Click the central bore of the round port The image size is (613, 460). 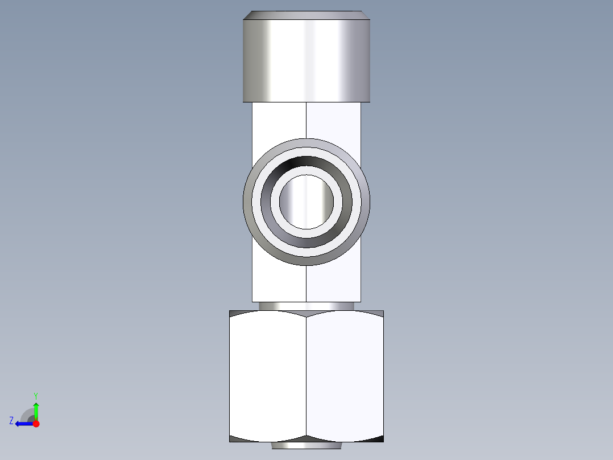pos(306,202)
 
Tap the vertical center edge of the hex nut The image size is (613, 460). pos(306,376)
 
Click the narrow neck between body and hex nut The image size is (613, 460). pos(306,306)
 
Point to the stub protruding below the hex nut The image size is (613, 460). pos(306,446)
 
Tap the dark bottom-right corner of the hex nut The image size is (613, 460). pos(379,439)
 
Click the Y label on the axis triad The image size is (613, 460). pos(35,395)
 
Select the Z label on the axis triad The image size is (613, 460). pos(11,420)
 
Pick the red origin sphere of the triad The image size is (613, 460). pos(36,424)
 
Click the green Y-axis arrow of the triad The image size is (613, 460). pos(36,410)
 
